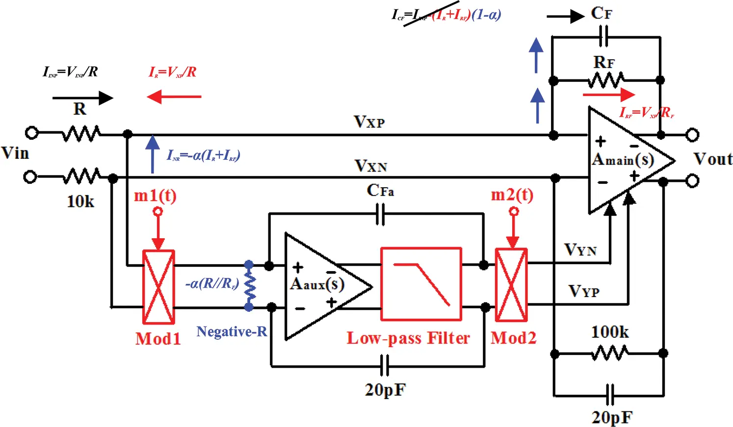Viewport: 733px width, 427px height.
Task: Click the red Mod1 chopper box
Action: [158, 287]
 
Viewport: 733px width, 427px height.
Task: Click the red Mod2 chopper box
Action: [511, 285]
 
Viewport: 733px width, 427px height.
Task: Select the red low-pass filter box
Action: [421, 284]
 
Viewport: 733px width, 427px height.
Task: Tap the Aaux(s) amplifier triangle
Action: [319, 287]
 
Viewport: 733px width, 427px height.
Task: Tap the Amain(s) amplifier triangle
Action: [623, 160]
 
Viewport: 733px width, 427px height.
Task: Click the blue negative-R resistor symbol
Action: [249, 286]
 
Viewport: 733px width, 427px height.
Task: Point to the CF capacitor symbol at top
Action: [604, 36]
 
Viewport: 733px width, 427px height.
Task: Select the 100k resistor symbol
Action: [609, 353]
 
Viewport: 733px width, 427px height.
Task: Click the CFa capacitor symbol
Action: [380, 214]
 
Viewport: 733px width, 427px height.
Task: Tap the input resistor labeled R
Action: [81, 133]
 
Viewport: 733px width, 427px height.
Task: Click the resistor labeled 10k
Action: [81, 176]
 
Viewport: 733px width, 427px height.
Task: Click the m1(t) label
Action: [155, 196]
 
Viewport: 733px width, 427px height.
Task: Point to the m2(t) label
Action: [512, 195]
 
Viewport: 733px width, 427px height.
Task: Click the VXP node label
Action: [369, 122]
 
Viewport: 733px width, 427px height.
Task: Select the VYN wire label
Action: [580, 250]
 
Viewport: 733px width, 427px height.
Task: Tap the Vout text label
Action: [712, 159]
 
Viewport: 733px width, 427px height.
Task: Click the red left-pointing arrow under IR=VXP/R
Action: [174, 97]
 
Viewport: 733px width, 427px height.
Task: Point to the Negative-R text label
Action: [232, 332]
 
